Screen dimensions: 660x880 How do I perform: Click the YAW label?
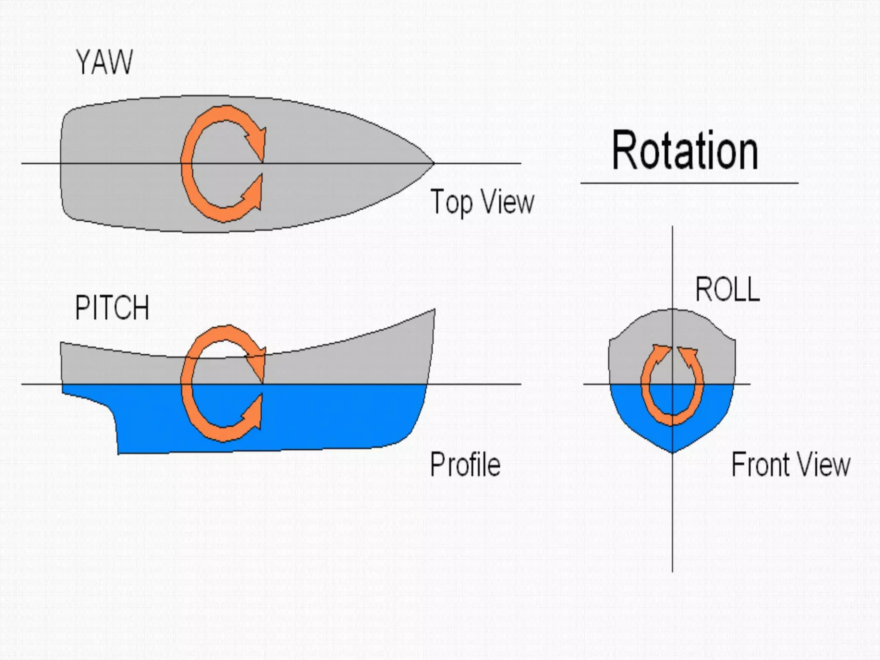pos(104,63)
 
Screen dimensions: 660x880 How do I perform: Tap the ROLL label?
pos(727,290)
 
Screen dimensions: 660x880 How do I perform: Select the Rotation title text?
pos(685,151)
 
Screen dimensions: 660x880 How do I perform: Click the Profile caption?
pos(465,464)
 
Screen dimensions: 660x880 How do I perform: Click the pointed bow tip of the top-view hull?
pos(433,163)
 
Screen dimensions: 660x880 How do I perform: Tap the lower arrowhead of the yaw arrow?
pos(254,193)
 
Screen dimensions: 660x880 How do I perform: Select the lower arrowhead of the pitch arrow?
pos(254,412)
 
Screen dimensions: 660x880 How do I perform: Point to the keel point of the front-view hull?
pos(672,452)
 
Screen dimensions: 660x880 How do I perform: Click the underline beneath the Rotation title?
pos(689,183)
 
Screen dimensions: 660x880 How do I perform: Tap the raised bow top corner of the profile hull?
pos(434,310)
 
